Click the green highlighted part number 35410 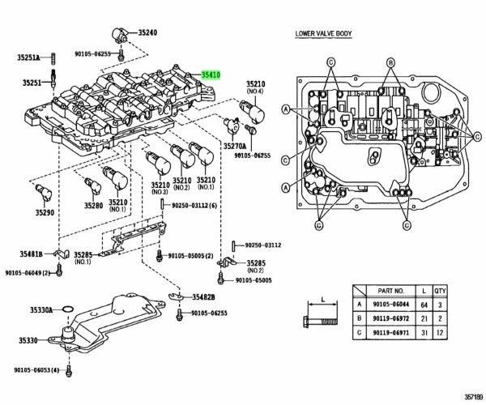(211, 74)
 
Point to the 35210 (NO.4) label (256, 87)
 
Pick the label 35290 (45, 213)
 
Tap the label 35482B (205, 297)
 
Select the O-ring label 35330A (41, 310)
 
